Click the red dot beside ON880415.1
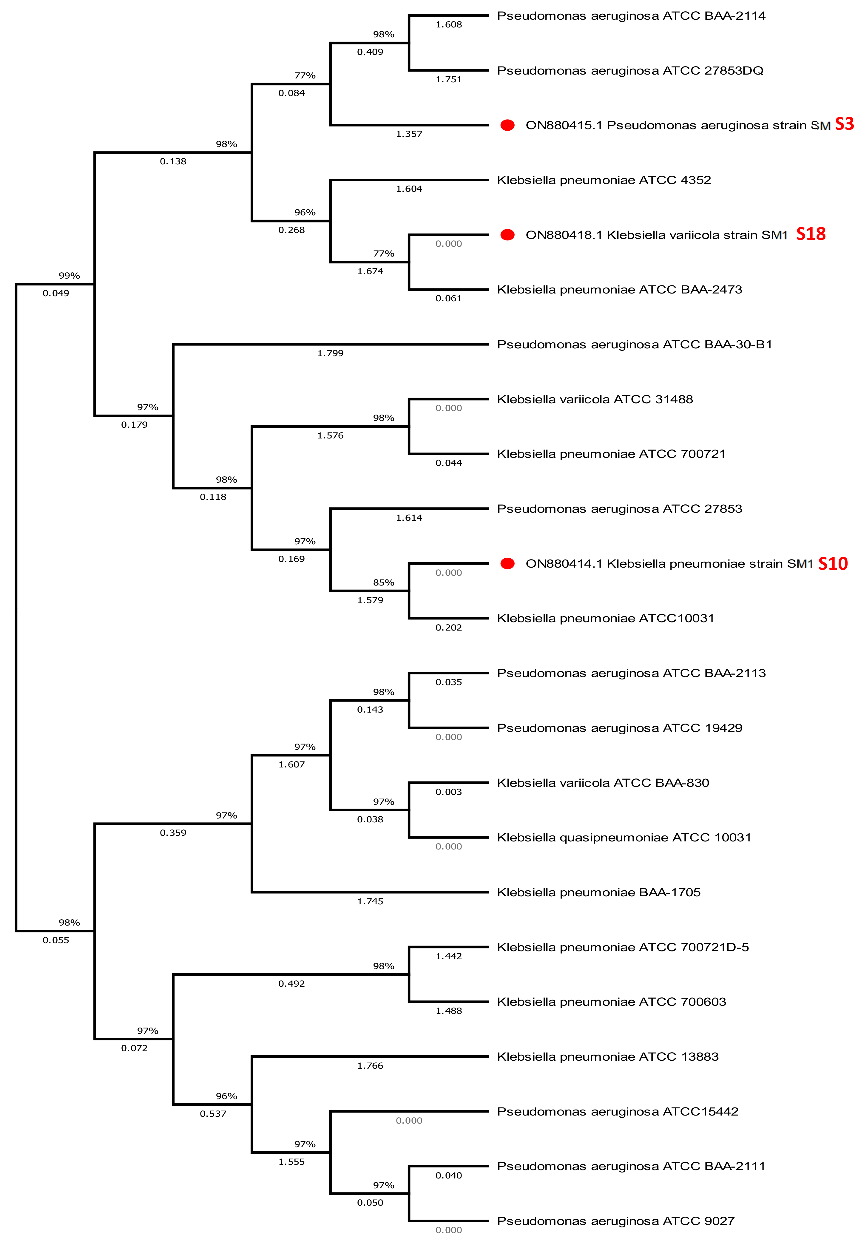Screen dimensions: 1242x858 (507, 125)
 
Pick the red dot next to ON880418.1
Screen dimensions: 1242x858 (507, 235)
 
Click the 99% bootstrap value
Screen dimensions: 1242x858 (69, 276)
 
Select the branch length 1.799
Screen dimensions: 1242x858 (330, 353)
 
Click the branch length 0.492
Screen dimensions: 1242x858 (291, 983)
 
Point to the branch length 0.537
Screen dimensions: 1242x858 (213, 1113)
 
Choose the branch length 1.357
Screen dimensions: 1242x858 (409, 134)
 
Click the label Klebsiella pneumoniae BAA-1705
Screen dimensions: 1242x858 (598, 892)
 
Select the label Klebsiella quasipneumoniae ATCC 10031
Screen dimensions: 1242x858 (624, 837)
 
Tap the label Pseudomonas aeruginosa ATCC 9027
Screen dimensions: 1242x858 (615, 1221)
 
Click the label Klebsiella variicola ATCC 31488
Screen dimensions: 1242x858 (595, 399)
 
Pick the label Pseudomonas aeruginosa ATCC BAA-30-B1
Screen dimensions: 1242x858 (634, 345)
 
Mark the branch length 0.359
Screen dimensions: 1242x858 (173, 832)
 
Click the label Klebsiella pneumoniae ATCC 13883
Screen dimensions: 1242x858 (607, 1056)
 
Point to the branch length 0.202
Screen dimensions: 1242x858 (448, 627)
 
